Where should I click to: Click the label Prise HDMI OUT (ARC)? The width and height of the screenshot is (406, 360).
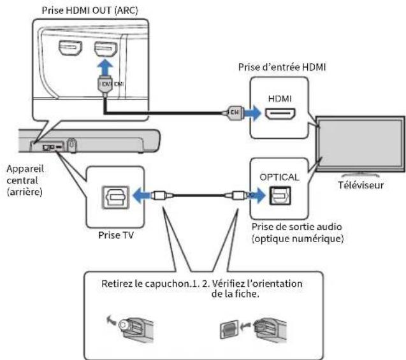[90, 11]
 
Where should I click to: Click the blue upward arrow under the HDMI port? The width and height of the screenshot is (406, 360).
[105, 68]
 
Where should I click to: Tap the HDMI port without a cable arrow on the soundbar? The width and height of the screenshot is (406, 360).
[70, 48]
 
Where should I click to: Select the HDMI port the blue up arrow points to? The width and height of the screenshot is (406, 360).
[106, 49]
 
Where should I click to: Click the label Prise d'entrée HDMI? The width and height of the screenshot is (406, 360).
[282, 68]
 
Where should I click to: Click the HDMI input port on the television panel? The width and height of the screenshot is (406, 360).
[280, 114]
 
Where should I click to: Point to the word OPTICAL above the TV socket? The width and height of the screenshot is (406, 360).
[279, 177]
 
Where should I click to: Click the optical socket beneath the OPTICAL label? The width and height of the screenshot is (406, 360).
[280, 196]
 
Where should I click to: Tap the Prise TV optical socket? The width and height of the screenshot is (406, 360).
[115, 198]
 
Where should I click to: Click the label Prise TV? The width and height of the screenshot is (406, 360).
[116, 235]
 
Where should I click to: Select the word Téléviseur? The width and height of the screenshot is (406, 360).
[361, 185]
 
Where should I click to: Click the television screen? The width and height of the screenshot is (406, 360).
[361, 144]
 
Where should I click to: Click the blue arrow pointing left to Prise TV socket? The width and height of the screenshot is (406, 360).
[141, 196]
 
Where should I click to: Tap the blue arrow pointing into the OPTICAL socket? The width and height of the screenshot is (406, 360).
[257, 194]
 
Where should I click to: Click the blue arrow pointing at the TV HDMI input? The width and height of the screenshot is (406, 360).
[252, 113]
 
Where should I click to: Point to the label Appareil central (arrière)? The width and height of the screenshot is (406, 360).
[25, 180]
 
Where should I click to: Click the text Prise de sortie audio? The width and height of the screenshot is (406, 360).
[297, 227]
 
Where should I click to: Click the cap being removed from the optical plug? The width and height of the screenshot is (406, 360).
[123, 324]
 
